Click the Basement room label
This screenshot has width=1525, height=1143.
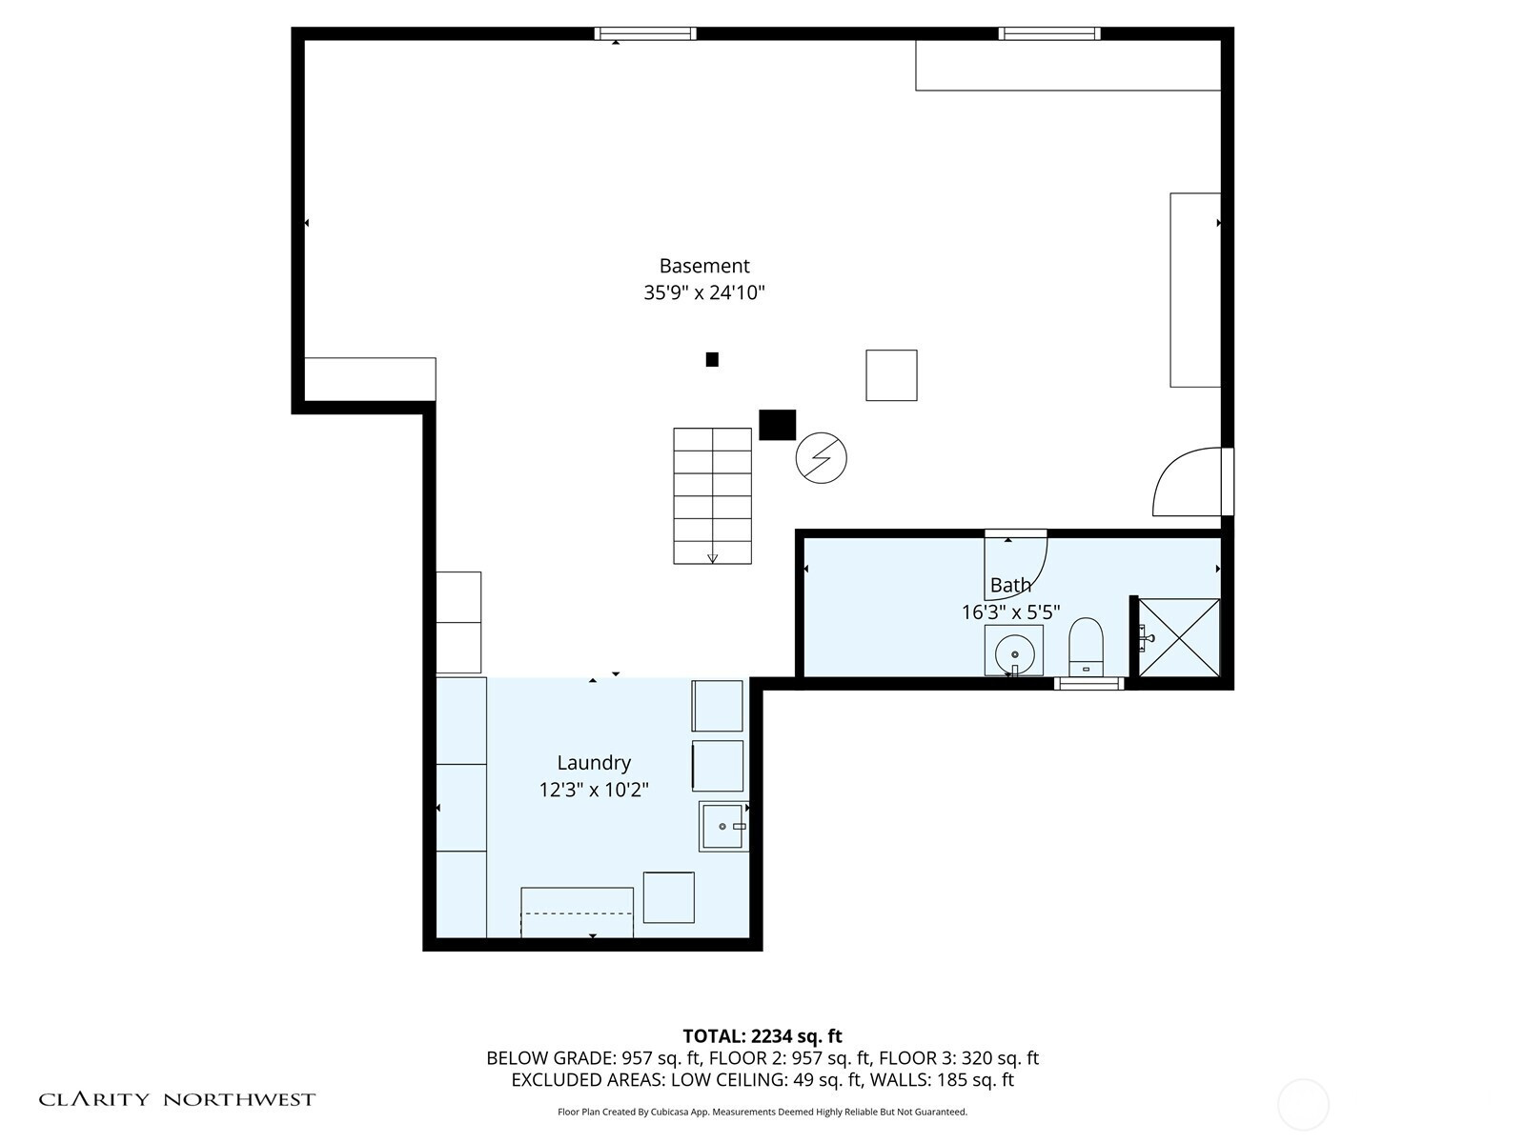703,266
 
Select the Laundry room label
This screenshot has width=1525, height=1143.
594,763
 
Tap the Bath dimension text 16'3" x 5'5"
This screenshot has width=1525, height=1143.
1010,612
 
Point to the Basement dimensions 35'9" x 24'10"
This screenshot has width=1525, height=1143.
703,292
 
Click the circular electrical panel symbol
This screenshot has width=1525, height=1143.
821,458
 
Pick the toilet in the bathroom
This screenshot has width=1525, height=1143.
1086,647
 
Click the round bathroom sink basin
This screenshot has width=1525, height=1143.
1014,653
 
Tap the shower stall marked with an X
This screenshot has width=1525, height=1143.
1179,637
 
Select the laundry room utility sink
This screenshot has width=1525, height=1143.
724,827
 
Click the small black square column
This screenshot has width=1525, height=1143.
711,359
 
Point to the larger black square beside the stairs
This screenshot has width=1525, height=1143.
777,425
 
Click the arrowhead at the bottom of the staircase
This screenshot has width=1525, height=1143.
712,558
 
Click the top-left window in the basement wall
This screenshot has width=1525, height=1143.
644,33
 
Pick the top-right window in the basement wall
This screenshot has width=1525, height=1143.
1049,33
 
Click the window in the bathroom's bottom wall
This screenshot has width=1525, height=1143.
1088,684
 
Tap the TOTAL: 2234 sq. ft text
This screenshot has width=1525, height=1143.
762,1036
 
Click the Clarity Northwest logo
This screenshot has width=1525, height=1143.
176,1099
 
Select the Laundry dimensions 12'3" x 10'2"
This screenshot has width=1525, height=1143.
594,790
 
